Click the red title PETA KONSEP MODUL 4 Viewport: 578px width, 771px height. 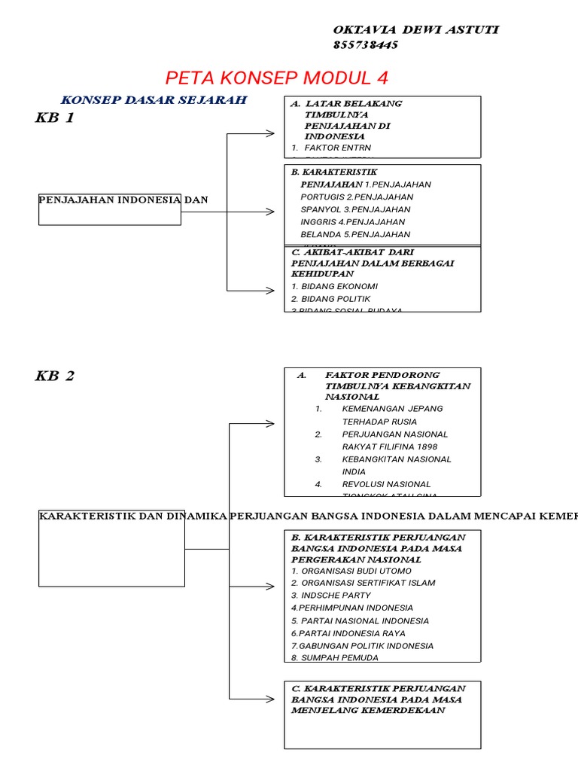[276, 78]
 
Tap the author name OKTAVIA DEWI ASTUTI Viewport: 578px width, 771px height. [415, 30]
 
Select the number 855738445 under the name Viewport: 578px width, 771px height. [366, 45]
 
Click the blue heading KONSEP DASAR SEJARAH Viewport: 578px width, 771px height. [154, 100]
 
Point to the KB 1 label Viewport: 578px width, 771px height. [55, 118]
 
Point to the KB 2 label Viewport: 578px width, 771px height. [55, 376]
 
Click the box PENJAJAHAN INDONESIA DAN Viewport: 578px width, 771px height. [109, 200]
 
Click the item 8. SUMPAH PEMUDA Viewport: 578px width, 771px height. [335, 658]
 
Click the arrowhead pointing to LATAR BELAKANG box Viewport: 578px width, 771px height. [270, 134]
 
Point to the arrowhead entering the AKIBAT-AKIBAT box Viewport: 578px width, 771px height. [270, 290]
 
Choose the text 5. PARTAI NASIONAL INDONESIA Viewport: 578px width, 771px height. [360, 620]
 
